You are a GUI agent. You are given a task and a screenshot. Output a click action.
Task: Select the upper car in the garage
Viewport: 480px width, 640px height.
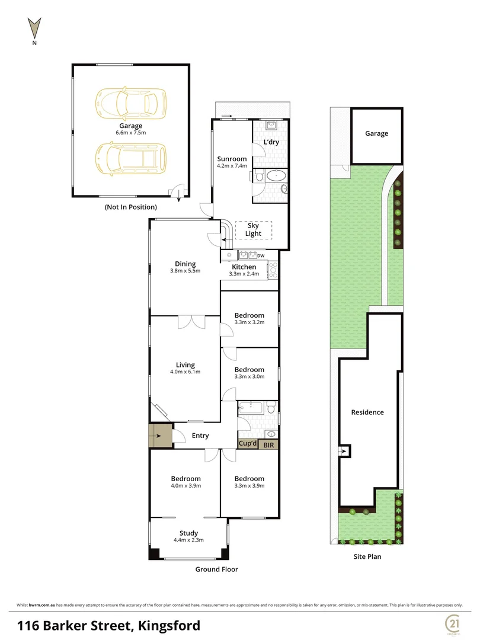(131, 102)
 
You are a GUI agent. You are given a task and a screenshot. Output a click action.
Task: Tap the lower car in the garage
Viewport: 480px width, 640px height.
(131, 158)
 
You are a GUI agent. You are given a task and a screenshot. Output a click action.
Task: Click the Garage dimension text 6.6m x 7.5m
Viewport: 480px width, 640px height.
(130, 133)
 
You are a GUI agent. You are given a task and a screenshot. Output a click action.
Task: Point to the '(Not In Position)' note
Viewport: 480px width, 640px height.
(130, 207)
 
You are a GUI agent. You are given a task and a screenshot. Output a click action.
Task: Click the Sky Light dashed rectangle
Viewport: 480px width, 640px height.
(253, 230)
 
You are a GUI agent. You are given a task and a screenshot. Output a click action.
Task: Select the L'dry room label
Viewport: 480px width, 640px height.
(271, 143)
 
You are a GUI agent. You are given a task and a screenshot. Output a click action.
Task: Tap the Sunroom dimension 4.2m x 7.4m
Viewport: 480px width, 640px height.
(232, 167)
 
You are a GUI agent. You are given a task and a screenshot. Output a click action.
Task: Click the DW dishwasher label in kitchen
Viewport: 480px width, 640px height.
(261, 255)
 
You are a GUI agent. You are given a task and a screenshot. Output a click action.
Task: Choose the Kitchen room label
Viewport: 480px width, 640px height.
(244, 267)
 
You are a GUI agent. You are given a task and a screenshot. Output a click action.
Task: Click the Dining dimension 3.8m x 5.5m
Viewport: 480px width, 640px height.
(185, 271)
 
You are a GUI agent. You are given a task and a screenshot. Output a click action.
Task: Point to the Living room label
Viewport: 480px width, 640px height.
(185, 365)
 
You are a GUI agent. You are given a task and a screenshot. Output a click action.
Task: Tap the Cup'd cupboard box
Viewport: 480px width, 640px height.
(248, 443)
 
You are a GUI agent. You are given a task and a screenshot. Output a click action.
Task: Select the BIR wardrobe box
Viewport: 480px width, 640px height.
(268, 443)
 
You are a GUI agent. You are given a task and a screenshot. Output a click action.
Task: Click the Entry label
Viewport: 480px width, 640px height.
(200, 436)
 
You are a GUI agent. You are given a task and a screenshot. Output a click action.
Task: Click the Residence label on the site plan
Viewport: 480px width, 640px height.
(367, 412)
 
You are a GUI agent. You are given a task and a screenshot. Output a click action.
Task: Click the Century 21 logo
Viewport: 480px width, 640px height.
(453, 624)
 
